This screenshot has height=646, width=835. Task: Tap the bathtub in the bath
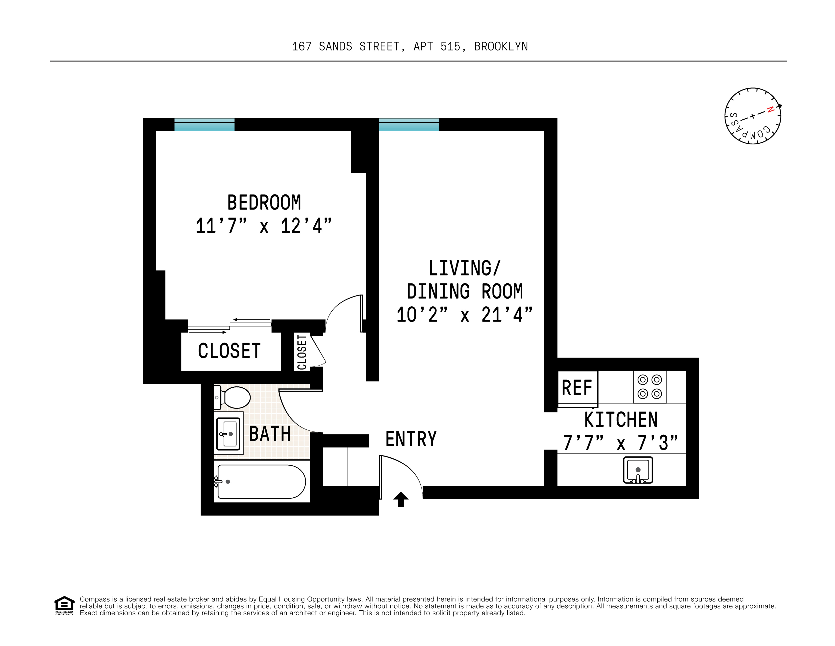tap(261, 482)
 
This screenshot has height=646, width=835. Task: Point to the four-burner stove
tap(650, 387)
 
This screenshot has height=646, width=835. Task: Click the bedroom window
tap(204, 125)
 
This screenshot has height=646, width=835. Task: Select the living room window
tap(409, 125)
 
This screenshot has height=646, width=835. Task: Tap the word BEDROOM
tap(264, 203)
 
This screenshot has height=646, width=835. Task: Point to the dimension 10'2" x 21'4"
tap(464, 315)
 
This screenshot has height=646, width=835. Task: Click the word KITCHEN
tap(621, 420)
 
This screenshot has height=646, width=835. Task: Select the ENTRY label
tap(411, 439)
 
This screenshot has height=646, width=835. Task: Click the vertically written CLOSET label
tap(302, 352)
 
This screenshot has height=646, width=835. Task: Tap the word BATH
tap(270, 434)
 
